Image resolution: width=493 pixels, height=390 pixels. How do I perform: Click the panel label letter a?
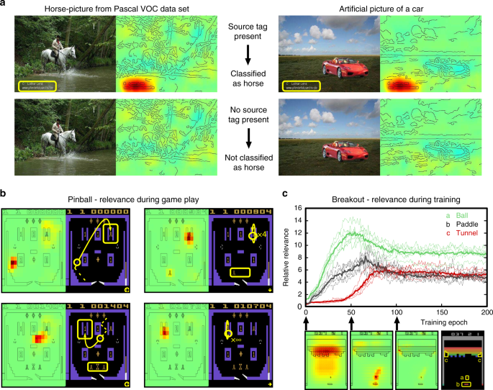[x=4, y=4]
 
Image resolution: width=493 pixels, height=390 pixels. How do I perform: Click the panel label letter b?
[x=4, y=194]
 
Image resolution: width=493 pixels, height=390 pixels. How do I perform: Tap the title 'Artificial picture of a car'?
[x=381, y=6]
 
